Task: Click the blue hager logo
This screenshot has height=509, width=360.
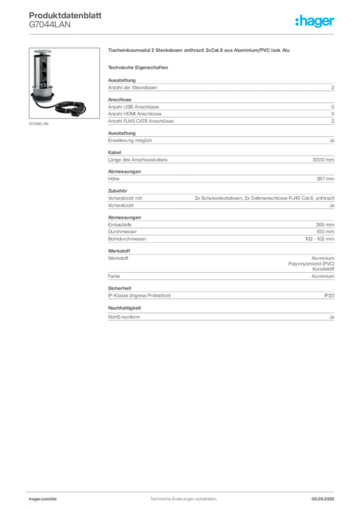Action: pyautogui.click(x=315, y=22)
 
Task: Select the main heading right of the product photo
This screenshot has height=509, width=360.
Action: pyautogui.click(x=198, y=51)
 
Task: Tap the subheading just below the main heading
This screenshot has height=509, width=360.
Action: pyautogui.click(x=140, y=67)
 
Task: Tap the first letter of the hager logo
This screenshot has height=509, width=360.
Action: pyautogui.click(x=297, y=22)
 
